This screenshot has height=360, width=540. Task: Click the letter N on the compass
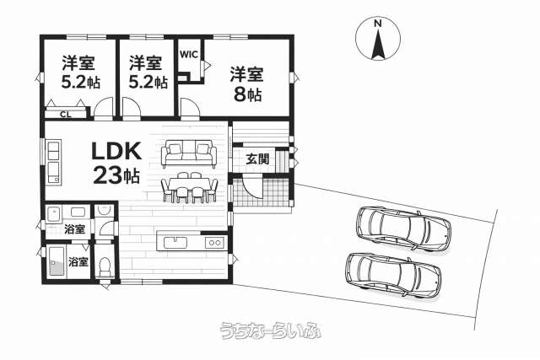378,24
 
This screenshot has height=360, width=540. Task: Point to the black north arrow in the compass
378,44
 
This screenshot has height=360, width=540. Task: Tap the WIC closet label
189,54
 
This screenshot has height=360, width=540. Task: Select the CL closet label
66,115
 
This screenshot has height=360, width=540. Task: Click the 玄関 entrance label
256,159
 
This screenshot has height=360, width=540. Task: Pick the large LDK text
116,151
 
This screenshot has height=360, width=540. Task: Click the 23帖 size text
116,175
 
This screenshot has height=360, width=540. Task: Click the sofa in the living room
189,153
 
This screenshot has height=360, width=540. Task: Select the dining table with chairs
190,187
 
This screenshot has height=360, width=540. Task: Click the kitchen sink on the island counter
175,242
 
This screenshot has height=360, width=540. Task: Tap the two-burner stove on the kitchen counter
214,243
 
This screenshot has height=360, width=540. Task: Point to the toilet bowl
104,267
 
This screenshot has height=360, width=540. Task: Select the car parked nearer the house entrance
403,228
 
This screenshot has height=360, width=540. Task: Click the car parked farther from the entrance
393,275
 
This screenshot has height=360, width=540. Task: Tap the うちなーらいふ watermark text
271,330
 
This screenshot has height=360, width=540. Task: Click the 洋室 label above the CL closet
78,63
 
